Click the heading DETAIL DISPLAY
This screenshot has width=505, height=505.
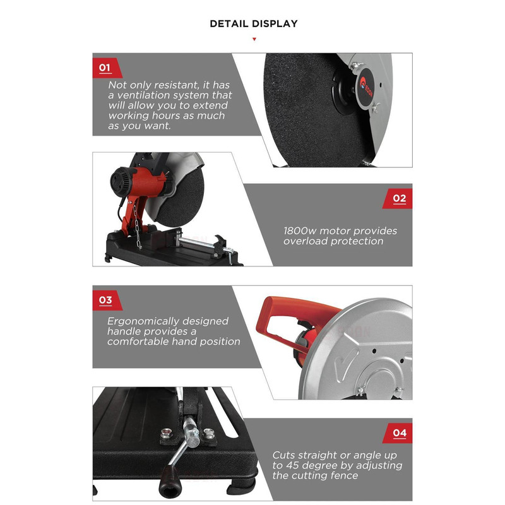(254, 24)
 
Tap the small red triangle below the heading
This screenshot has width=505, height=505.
(254, 39)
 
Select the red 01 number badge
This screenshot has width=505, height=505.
(107, 68)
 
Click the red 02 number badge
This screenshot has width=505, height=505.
(398, 199)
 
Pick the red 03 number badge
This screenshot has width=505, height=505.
(107, 300)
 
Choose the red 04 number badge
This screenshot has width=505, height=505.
(398, 433)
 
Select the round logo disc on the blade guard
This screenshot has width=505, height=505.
(366, 87)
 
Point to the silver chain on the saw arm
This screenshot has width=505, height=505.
(137, 228)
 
